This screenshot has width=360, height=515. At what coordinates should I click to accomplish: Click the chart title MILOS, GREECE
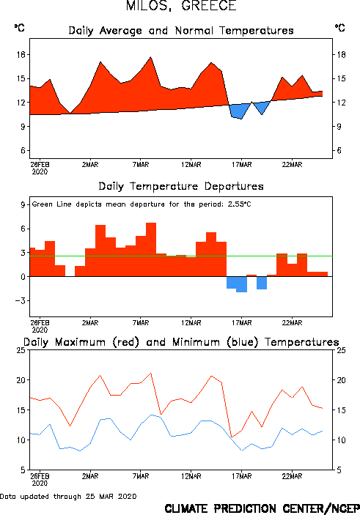pyautogui.click(x=181, y=6)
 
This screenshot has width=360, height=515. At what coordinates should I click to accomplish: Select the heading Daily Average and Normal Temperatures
pyautogui.click(x=181, y=31)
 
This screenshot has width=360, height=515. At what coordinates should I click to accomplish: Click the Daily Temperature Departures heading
pyautogui.click(x=181, y=186)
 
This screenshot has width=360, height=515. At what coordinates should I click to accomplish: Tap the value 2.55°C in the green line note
pyautogui.click(x=239, y=204)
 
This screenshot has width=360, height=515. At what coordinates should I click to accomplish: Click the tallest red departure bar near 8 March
pyautogui.click(x=151, y=250)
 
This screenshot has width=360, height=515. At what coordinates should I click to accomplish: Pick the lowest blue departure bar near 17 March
pyautogui.click(x=242, y=284)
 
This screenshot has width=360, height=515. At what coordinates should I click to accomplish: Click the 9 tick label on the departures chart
pyautogui.click(x=23, y=204)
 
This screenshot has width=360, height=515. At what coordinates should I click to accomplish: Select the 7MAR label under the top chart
pyautogui.click(x=141, y=165)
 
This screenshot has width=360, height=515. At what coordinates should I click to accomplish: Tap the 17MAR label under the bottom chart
pyautogui.click(x=242, y=476)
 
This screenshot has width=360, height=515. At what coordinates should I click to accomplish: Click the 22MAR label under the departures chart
pyautogui.click(x=292, y=323)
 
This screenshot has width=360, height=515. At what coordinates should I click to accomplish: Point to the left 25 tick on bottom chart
pyautogui.click(x=21, y=350)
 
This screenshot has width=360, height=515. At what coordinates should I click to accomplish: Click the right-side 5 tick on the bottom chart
pyautogui.click(x=338, y=470)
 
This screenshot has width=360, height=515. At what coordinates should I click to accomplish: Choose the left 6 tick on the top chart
pyautogui.click(x=23, y=150)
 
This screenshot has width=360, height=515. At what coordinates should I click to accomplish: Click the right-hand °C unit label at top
pyautogui.click(x=340, y=28)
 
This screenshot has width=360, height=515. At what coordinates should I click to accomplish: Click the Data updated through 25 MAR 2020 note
pyautogui.click(x=68, y=496)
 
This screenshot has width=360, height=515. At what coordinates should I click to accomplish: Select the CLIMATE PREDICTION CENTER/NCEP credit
pyautogui.click(x=262, y=508)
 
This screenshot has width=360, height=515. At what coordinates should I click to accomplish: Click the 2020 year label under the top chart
pyautogui.click(x=40, y=171)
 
